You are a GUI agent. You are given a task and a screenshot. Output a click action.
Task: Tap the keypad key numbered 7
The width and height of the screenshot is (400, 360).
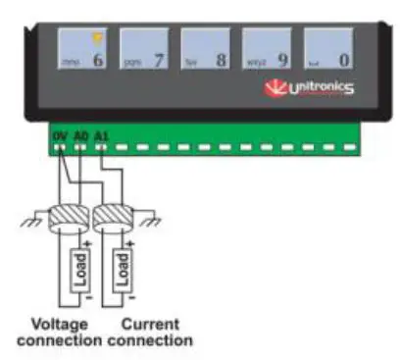(x=145, y=49)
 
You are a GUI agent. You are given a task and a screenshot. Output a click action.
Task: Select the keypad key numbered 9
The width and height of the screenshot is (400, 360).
(x=269, y=49)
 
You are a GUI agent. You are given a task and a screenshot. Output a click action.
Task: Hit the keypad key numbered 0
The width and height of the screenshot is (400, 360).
(x=329, y=49)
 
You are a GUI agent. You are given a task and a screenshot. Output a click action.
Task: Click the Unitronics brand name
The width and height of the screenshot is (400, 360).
(x=320, y=90)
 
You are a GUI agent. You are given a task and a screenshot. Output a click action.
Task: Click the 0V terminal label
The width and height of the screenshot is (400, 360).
(x=59, y=129)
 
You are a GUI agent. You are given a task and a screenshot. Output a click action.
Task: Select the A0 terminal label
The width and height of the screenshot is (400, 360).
(x=80, y=129)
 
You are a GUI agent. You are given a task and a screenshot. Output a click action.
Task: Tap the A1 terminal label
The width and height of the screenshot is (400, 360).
(x=100, y=129)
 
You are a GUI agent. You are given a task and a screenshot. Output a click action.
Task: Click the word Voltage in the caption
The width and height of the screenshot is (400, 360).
(x=58, y=324)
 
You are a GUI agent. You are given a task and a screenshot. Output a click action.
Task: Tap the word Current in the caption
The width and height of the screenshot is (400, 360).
(x=148, y=324)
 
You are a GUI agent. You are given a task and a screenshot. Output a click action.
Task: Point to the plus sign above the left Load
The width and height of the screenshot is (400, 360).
(x=88, y=241)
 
